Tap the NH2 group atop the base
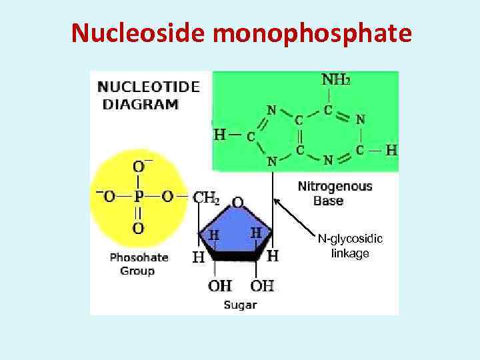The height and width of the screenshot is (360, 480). click(335, 80)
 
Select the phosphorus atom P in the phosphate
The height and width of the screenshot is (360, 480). click(138, 197)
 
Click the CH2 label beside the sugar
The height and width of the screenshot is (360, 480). click(206, 197)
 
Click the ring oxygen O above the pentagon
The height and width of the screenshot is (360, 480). click(238, 201)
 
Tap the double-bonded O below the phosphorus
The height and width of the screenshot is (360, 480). click(138, 228)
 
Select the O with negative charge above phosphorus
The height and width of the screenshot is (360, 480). click(139, 166)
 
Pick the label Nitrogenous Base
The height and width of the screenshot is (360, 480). click(335, 193)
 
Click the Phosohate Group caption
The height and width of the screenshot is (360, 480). click(139, 263)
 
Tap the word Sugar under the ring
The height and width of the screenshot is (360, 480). click(240, 305)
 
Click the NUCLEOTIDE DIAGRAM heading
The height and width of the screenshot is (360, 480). click(148, 95)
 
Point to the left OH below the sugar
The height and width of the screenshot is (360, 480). click(219, 286)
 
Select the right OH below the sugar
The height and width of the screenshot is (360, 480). click(262, 286)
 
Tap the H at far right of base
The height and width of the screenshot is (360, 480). click(391, 150)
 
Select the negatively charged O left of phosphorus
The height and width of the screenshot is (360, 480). click(107, 197)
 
